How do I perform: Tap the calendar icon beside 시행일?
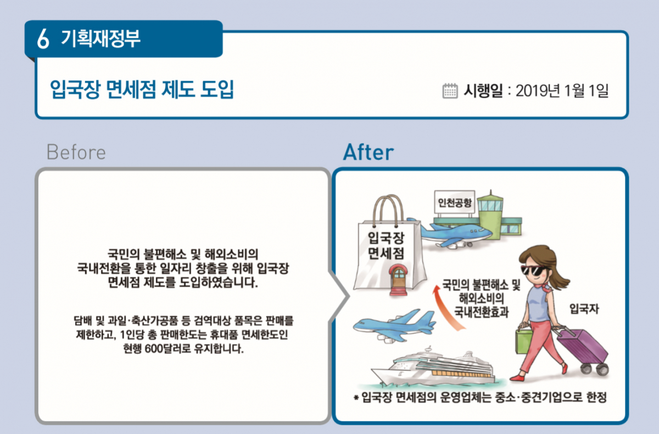[450, 91]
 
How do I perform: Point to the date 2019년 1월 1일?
[562, 91]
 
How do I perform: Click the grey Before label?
[76, 152]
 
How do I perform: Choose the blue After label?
[368, 152]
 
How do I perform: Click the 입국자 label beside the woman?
[584, 309]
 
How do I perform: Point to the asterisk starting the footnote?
[356, 398]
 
